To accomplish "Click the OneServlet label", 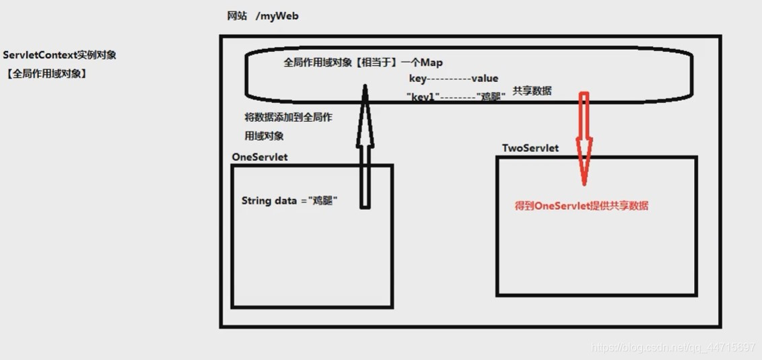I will pyautogui.click(x=259, y=157).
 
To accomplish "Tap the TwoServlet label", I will pyautogui.click(x=530, y=148).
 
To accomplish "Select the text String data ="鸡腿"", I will pyautogui.click(x=289, y=201).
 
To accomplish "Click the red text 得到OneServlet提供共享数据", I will pyautogui.click(x=582, y=207).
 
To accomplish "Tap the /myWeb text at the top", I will pyautogui.click(x=277, y=16).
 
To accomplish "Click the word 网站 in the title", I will pyautogui.click(x=237, y=16).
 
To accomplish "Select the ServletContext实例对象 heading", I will pyautogui.click(x=59, y=55).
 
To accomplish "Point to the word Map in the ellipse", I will pyautogui.click(x=431, y=63).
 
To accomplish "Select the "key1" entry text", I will pyautogui.click(x=423, y=97).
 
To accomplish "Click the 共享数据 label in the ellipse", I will pyautogui.click(x=532, y=90).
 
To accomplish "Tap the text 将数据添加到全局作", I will pyautogui.click(x=288, y=117).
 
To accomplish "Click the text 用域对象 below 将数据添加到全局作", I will pyautogui.click(x=264, y=136).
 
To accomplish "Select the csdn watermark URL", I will pyautogui.click(x=672, y=347).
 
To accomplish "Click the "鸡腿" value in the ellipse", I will pyautogui.click(x=491, y=97).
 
